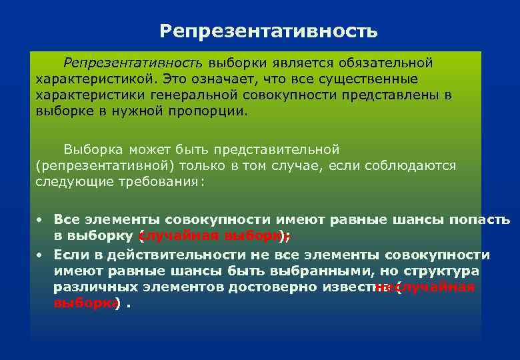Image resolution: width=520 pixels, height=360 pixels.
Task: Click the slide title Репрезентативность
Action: [269, 31]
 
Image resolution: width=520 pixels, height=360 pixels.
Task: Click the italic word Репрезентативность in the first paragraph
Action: [133, 63]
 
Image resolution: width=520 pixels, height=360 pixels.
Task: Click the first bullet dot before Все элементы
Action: [40, 219]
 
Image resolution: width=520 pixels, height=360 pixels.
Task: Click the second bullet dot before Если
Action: [40, 255]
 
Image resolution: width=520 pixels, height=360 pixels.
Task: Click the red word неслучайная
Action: [427, 287]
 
